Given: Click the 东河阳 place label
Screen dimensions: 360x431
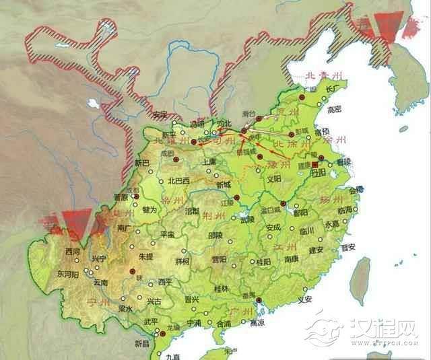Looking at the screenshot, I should click(69, 275).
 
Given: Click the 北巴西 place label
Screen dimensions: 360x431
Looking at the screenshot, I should click(180, 180).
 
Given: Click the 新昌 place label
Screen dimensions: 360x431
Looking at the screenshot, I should click(142, 344).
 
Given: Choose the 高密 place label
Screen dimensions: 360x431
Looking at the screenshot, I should click(335, 108).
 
